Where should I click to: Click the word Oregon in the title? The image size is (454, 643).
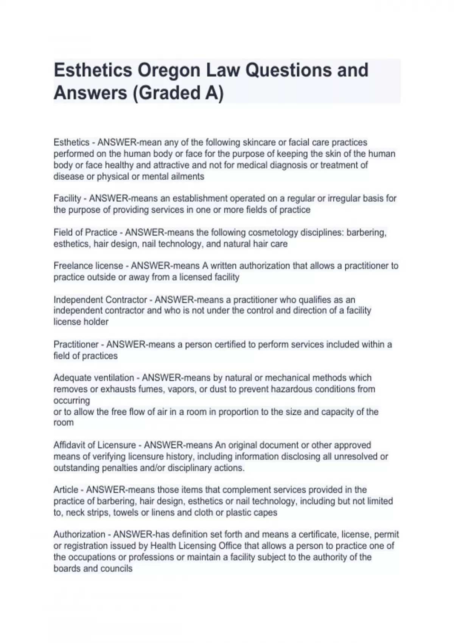(169, 70)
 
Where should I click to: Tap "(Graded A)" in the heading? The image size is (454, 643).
(178, 93)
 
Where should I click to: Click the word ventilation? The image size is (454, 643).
(113, 378)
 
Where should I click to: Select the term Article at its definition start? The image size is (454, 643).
(66, 490)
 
